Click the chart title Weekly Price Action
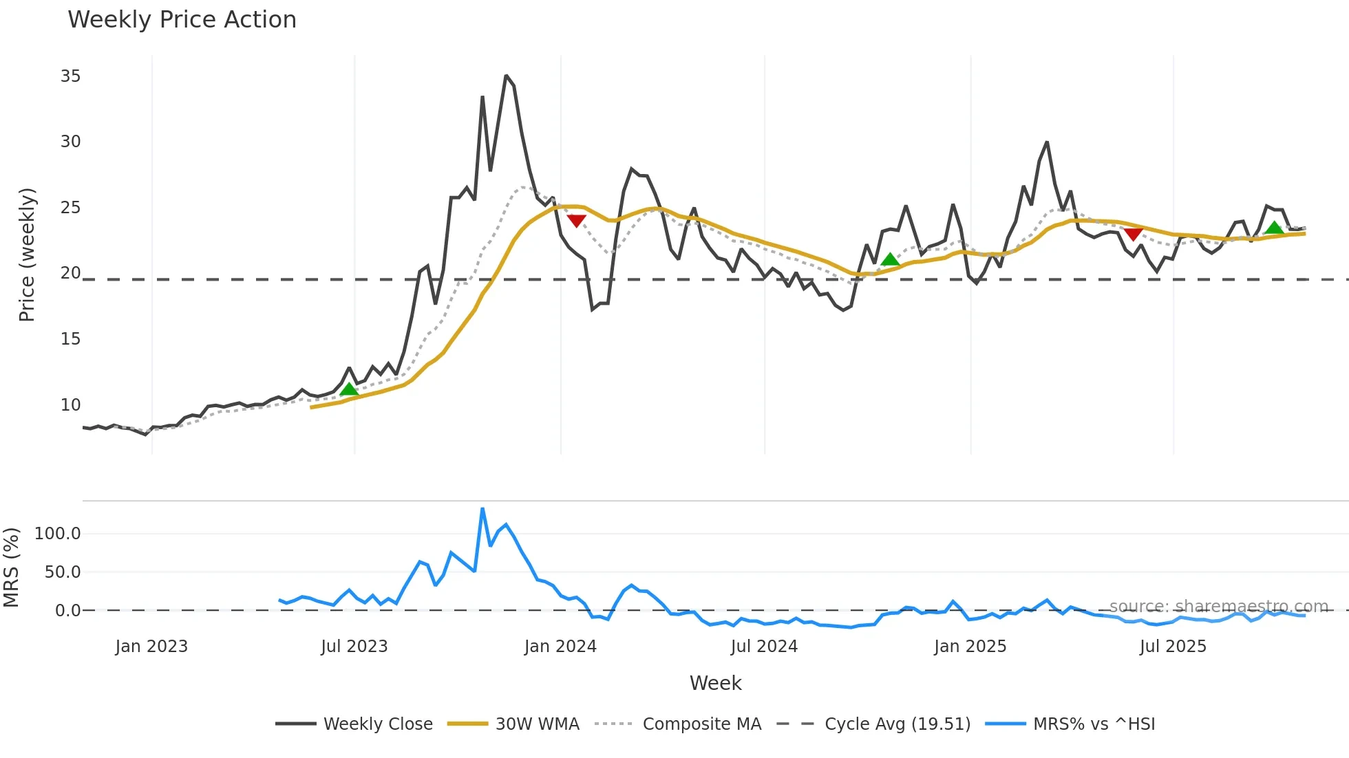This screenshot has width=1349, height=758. (x=182, y=20)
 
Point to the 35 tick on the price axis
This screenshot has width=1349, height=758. (x=70, y=76)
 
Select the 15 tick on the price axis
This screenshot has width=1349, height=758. (x=70, y=339)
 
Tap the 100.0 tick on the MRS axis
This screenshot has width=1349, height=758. (x=58, y=534)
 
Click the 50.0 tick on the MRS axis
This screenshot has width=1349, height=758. (x=63, y=572)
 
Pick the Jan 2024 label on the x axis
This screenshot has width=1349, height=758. (x=560, y=647)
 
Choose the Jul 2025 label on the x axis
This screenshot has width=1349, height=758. (x=1173, y=647)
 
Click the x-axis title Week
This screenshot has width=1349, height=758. (x=715, y=683)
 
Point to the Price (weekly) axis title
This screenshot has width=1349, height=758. (x=27, y=255)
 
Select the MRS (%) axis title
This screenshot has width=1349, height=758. (x=11, y=567)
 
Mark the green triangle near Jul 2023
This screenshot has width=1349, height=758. (x=349, y=389)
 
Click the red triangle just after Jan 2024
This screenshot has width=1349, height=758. (x=576, y=221)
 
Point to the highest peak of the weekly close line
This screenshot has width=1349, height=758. (x=506, y=76)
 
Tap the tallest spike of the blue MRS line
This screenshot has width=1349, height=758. (x=482, y=509)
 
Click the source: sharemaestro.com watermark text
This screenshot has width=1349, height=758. (x=1218, y=607)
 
